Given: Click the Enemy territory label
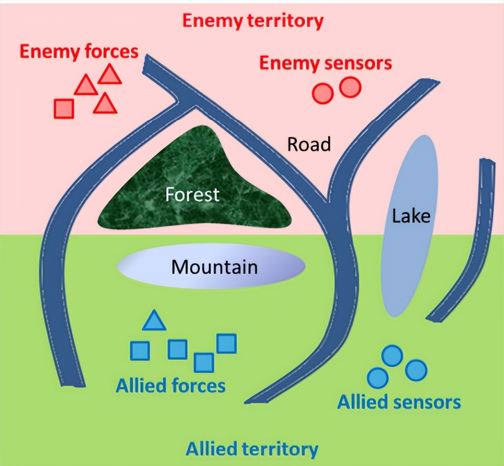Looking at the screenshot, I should click(253, 21).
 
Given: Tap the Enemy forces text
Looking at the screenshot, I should click(79, 51).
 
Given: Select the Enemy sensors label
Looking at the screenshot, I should click(326, 64).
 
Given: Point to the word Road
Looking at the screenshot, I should click(309, 144).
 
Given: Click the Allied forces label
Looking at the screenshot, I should click(171, 386).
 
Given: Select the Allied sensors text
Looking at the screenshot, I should click(399, 402).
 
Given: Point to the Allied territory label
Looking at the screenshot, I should click(252, 449).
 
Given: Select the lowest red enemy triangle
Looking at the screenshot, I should click(105, 104).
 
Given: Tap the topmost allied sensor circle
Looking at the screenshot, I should click(392, 356).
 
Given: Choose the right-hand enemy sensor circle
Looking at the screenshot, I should click(350, 87).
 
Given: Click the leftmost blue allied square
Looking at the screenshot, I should click(139, 351).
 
